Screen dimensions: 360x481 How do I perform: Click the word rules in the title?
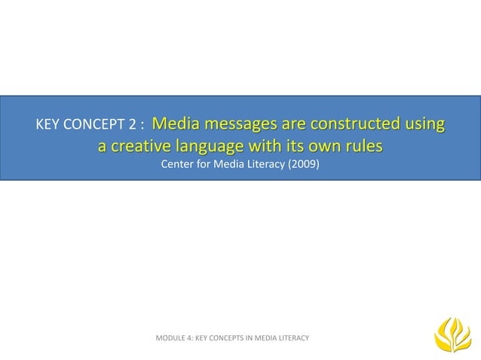tap(362, 145)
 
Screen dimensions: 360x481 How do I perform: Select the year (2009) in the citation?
tap(303, 164)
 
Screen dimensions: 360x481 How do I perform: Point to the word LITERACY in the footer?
tap(290, 339)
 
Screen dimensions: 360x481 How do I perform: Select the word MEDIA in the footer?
tap(264, 339)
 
